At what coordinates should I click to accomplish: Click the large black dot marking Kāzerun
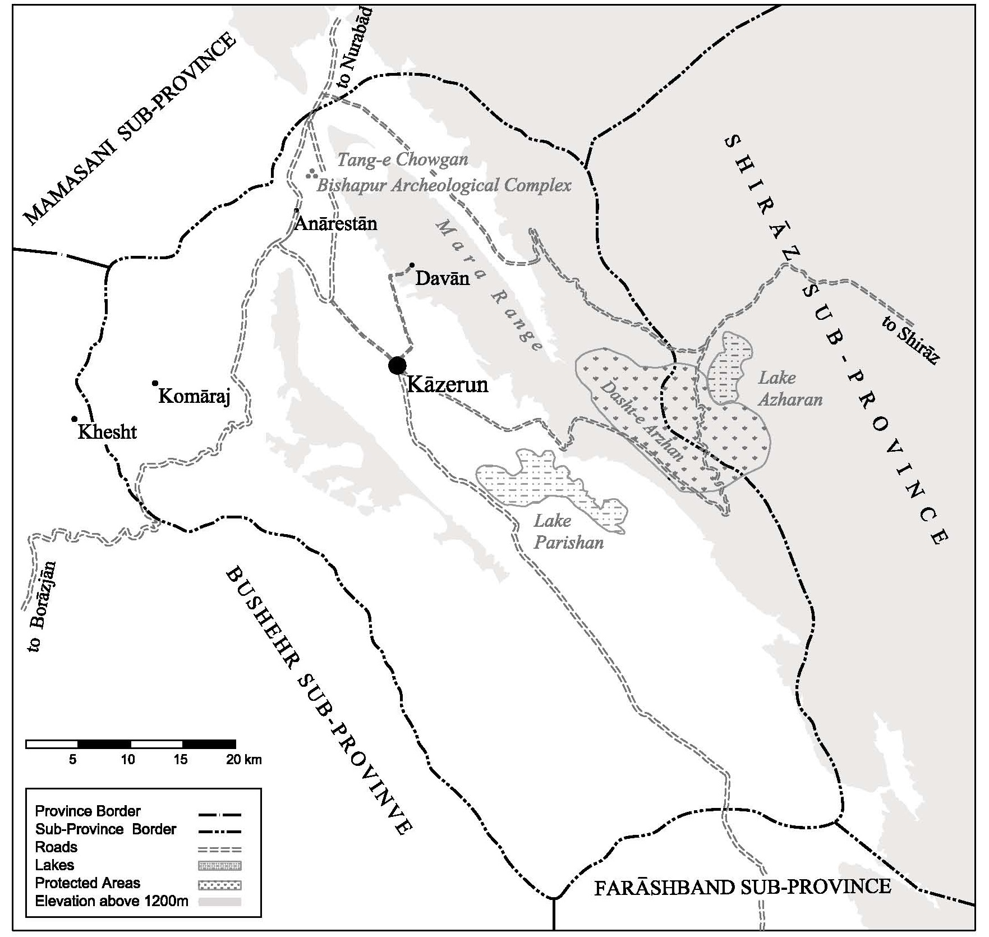coord(397,365)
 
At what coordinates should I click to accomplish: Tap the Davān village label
coord(442,278)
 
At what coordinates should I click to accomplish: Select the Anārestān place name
coord(335,224)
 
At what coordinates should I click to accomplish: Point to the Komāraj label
coord(195,396)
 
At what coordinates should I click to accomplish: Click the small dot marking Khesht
coord(74,419)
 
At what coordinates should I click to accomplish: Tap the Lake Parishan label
coord(568,532)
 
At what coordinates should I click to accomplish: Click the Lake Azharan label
coord(790,388)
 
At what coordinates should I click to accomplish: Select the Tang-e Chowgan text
coord(402,160)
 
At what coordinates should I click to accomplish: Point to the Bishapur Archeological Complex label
coord(444,185)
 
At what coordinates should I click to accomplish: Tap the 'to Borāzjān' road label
coord(43,606)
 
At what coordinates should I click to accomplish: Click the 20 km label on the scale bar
coord(244,760)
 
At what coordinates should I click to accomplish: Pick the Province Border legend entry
coord(88,811)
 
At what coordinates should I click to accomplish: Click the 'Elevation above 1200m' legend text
coord(112,902)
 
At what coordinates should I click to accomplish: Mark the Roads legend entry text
coord(56,847)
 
